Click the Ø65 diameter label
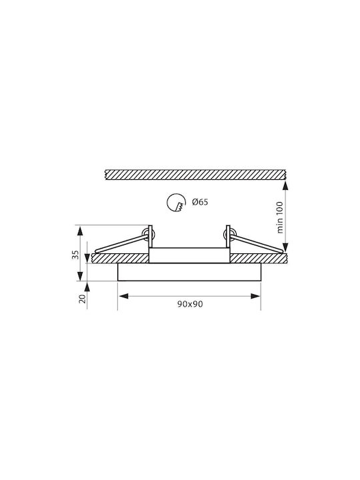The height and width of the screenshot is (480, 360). [x=200, y=202]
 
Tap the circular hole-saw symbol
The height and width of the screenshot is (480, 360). [x=176, y=203]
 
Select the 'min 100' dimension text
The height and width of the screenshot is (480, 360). [x=280, y=217]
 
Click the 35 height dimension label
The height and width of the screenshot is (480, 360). [x=75, y=255]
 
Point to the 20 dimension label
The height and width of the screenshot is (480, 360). [x=82, y=299]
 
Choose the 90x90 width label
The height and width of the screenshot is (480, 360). [x=190, y=304]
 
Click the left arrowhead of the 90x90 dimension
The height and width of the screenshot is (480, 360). [x=123, y=296]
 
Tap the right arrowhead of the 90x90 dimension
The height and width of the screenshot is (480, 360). [x=255, y=296]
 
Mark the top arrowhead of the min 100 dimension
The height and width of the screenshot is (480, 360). [x=285, y=185]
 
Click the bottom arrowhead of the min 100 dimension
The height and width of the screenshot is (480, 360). [x=285, y=247]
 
